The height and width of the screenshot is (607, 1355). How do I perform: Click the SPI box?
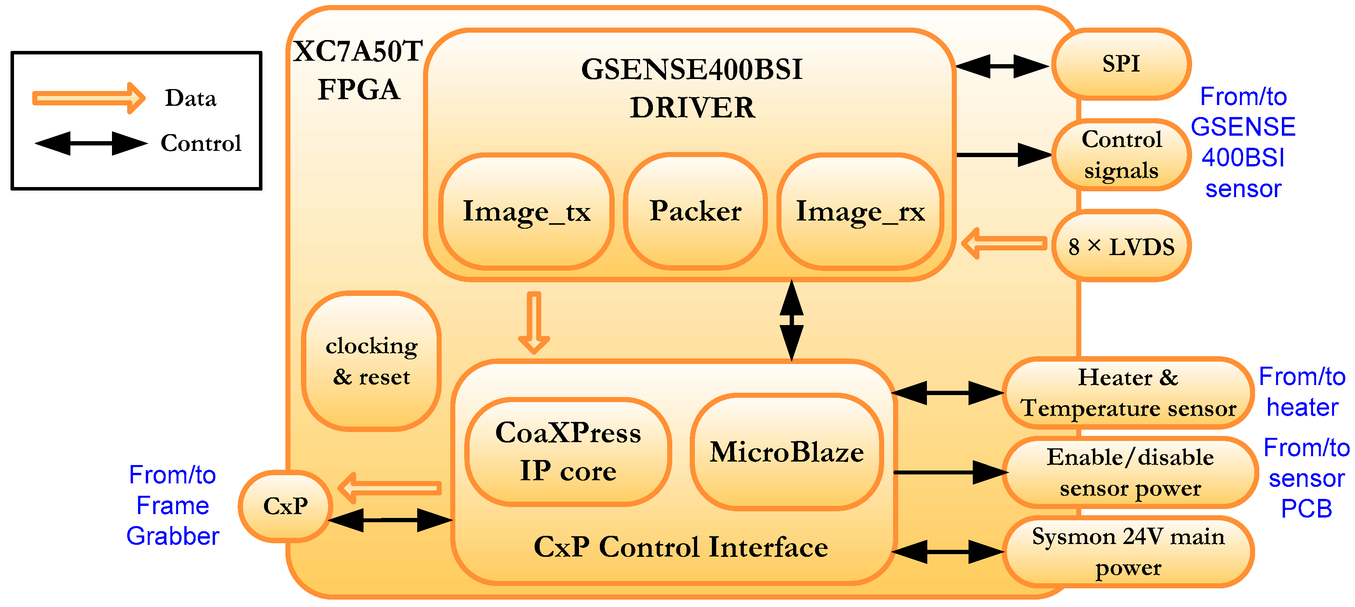coord(1121,64)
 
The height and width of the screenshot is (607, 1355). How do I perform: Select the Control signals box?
coord(1121,155)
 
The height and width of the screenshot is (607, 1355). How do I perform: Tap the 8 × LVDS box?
coord(1121,246)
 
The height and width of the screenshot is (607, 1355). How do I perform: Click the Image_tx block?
coord(526,212)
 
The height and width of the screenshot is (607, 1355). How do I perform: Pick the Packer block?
coord(694,212)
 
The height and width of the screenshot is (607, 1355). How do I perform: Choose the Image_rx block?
coord(860,212)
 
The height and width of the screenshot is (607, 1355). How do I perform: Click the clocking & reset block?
coord(371,361)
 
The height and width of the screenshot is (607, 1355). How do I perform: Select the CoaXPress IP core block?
coord(568,451)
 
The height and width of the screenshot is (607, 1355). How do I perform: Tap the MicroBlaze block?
coord(787,451)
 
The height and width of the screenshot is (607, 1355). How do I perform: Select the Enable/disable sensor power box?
coord(1129,472)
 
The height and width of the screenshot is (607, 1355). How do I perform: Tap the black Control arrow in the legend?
coord(91,143)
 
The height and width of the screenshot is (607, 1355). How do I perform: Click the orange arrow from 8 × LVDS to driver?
coord(1004,243)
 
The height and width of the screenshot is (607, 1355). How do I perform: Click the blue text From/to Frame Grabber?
coord(173,506)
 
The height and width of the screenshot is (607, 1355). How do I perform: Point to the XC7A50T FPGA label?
coord(358,70)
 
